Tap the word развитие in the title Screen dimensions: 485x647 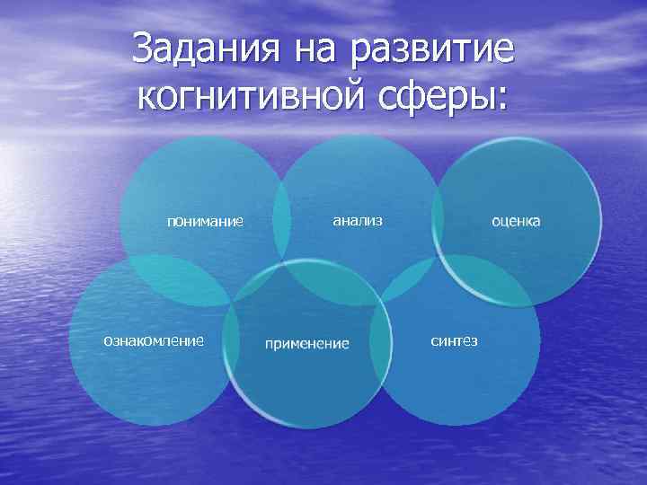tap(430, 50)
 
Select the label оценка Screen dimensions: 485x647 tap(515, 219)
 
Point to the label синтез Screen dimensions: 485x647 tap(454, 340)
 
